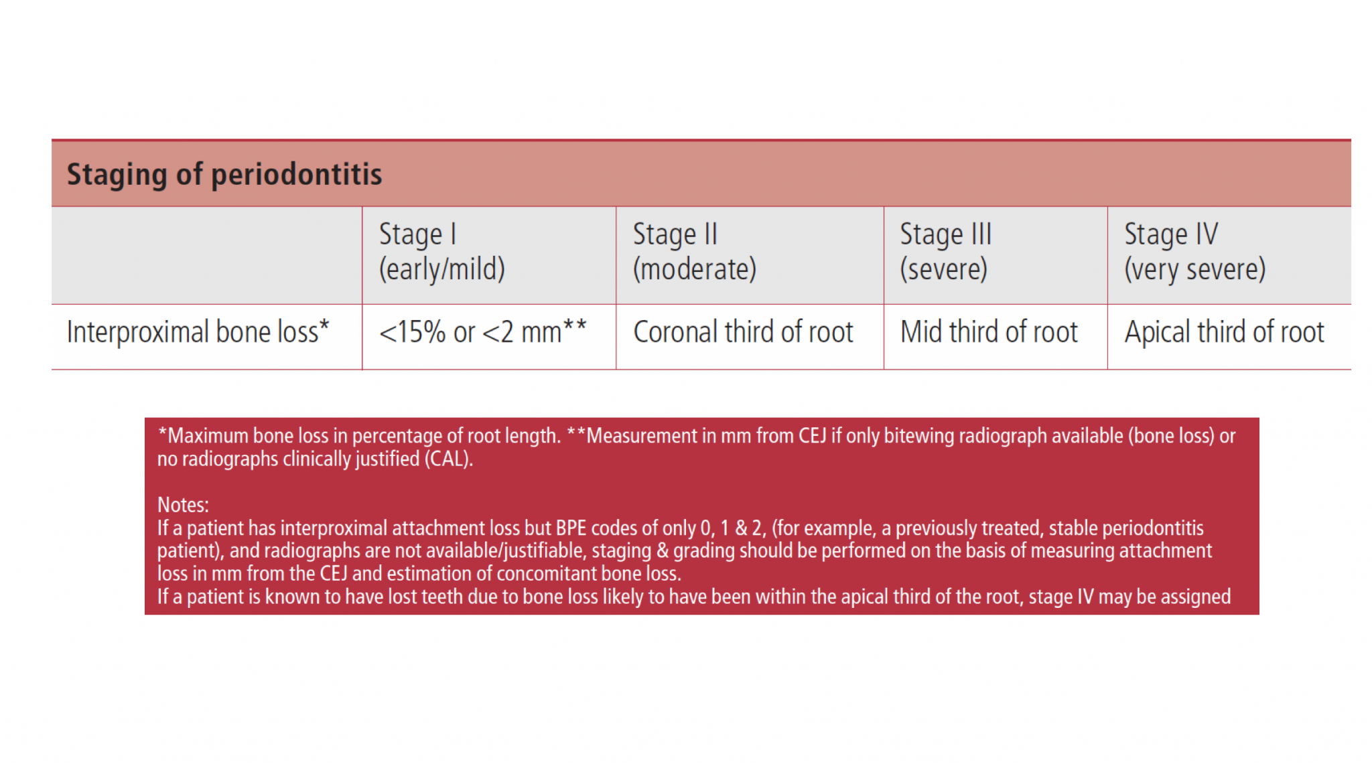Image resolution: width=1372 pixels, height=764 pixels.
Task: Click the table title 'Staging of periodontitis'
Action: click(x=224, y=175)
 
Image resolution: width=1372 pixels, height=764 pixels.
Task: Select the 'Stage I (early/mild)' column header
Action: click(x=442, y=252)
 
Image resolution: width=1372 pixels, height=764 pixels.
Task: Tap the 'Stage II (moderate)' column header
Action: click(x=695, y=252)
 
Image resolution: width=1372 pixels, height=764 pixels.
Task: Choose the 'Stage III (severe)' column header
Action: click(x=945, y=252)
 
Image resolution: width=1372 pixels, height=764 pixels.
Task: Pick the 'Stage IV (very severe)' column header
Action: click(x=1195, y=252)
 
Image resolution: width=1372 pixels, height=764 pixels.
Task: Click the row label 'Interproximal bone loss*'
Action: click(x=198, y=332)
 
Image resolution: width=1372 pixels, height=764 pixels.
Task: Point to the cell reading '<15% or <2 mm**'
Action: click(x=483, y=332)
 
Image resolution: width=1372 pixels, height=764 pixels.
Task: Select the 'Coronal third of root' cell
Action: click(x=743, y=332)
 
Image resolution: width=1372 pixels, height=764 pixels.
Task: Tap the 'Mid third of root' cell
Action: click(x=989, y=332)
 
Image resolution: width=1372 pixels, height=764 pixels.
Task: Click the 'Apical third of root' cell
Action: click(x=1225, y=332)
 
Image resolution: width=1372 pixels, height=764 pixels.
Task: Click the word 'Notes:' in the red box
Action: click(x=183, y=505)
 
